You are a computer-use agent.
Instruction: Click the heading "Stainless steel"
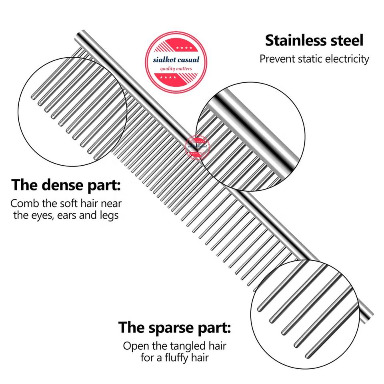click(314, 40)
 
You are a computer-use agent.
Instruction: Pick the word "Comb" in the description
click(24, 203)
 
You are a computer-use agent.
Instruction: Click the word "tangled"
click(189, 345)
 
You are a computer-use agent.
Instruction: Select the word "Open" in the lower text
click(134, 345)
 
